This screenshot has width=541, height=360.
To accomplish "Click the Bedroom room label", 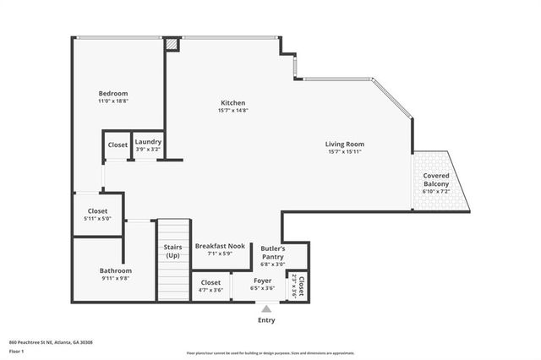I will pyautogui.click(x=112, y=93).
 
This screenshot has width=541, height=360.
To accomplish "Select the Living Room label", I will pyautogui.click(x=344, y=145).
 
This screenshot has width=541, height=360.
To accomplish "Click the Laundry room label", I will pyautogui.click(x=148, y=142).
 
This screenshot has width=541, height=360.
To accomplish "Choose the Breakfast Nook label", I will pyautogui.click(x=220, y=246).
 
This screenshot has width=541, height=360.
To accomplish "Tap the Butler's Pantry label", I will pyautogui.click(x=272, y=253).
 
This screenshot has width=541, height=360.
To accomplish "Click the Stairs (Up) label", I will pyautogui.click(x=172, y=251).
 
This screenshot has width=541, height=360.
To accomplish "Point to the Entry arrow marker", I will pyautogui.click(x=267, y=309).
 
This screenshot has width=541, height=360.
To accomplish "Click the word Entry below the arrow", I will pyautogui.click(x=267, y=320).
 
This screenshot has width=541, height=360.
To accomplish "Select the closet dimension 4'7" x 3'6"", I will pyautogui.click(x=210, y=290).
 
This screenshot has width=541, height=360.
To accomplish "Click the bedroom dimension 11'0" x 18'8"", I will pyautogui.click(x=112, y=101).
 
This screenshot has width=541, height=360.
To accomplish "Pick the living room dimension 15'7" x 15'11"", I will pyautogui.click(x=344, y=153).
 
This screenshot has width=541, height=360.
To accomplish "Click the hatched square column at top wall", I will pyautogui.click(x=172, y=43).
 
